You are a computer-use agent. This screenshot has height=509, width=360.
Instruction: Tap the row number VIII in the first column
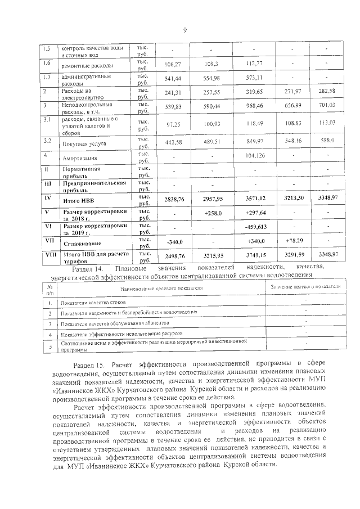pos(49,255)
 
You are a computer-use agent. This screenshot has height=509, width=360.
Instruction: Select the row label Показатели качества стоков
pos(93,303)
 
